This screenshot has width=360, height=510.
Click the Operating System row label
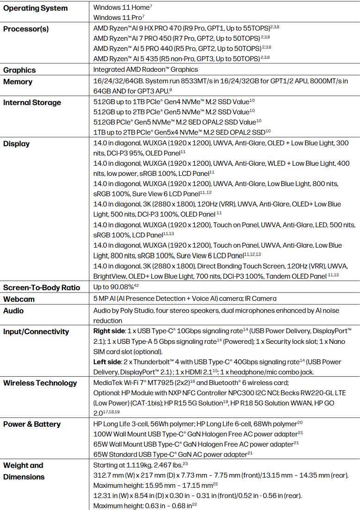click(x=35, y=8)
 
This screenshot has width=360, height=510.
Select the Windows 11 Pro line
click(x=119, y=18)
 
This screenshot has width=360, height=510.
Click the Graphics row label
click(x=19, y=70)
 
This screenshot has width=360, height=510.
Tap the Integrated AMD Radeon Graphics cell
click(x=145, y=69)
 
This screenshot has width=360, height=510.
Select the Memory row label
click(x=18, y=81)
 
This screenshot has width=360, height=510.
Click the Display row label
click(x=16, y=143)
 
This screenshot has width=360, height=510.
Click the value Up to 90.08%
click(x=115, y=287)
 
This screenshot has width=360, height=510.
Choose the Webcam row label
click(x=19, y=299)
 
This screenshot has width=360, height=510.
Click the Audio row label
click(x=13, y=311)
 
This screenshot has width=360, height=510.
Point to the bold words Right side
click(x=109, y=331)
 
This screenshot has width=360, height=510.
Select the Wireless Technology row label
click(x=40, y=383)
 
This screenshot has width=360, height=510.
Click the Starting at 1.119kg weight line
click(x=138, y=465)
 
